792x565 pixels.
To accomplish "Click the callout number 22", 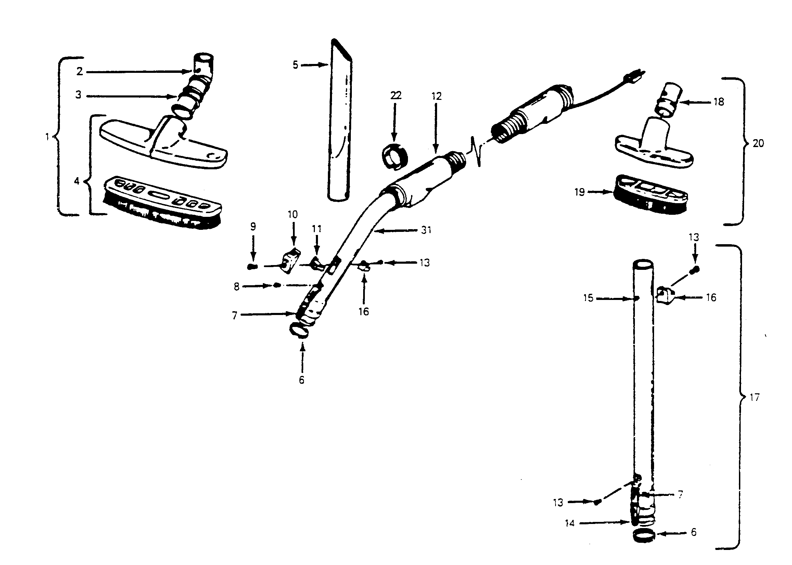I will pos(395,95).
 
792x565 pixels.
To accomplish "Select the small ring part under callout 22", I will pos(395,157).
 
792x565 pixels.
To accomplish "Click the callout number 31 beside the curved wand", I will pos(426,230).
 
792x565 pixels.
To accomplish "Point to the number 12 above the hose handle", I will pos(436,96).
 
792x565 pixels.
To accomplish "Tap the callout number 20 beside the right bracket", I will pos(758,143).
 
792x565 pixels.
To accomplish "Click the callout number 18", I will pos(718,102).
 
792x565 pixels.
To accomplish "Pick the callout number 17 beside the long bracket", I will pos(754,397).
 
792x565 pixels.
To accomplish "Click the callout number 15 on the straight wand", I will pos(588,298).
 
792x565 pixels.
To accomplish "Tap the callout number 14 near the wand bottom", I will pos(570,523).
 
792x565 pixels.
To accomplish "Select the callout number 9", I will pos(253,226).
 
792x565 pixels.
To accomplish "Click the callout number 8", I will pos(237,287).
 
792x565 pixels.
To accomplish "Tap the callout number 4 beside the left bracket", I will pos(77,181).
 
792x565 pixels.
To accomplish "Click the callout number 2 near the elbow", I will pos(80,71).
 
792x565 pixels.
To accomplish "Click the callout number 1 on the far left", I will pos(47,137).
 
